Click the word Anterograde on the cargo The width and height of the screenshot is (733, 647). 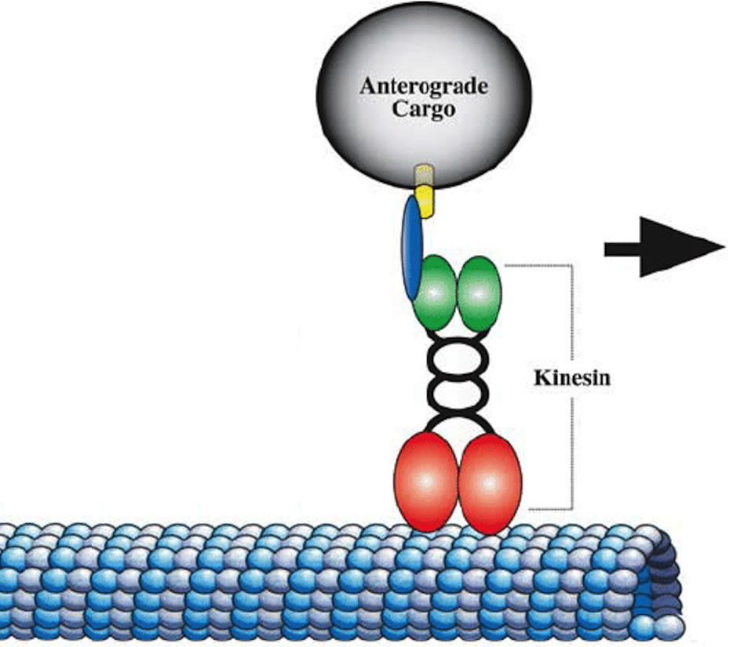tap(423, 86)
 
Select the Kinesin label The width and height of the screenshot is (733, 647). tap(572, 377)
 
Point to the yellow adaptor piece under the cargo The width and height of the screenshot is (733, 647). tap(425, 200)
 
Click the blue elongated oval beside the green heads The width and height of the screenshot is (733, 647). tap(411, 247)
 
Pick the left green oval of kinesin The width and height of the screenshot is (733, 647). tap(433, 293)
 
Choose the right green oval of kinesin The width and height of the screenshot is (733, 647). tap(479, 293)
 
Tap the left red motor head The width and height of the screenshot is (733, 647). tap(425, 480)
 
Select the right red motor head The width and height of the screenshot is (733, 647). tap(490, 482)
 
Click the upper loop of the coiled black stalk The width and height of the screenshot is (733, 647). tap(457, 359)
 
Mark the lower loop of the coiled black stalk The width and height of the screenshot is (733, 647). tap(457, 393)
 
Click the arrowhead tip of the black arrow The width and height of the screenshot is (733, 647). tap(721, 249)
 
